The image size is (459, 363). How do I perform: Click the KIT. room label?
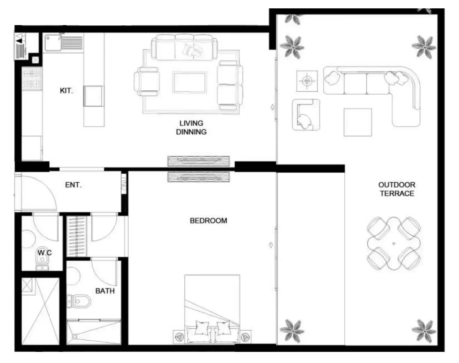[66, 91]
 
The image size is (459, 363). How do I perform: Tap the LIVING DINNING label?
[191, 128]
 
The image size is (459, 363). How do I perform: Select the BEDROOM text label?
[208, 221]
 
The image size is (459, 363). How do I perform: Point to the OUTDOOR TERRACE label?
[397, 189]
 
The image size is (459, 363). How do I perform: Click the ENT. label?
[74, 185]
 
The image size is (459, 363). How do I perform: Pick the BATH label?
[105, 291]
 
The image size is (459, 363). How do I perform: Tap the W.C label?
[45, 253]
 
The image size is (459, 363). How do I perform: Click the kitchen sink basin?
[53, 43]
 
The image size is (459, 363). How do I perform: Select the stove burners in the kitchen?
[32, 79]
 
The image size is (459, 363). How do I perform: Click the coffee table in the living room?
[189, 83]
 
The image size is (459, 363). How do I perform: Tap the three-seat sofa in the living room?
[184, 48]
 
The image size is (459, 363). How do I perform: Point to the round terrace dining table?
[394, 243]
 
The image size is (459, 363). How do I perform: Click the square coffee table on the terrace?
[358, 122]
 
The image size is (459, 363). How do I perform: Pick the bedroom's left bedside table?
[179, 337]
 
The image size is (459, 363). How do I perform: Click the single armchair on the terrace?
[306, 115]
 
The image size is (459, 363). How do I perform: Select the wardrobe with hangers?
[76, 236]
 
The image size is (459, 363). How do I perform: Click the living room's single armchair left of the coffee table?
[146, 81]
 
